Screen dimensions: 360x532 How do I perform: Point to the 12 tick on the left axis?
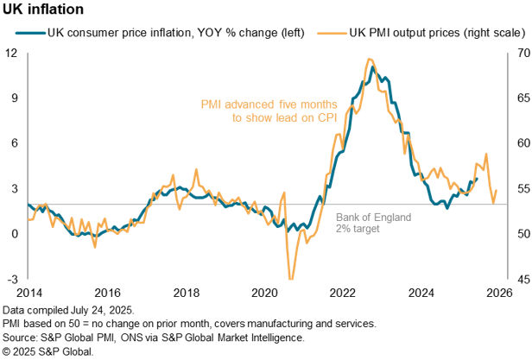pos(12,52)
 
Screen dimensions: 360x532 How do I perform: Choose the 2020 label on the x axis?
pos(263,294)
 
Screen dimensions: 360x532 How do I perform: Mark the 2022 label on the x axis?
pos(343,294)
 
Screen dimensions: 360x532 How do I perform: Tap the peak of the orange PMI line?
pos(370,60)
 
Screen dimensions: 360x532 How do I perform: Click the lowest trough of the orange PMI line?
pos(290,278)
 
